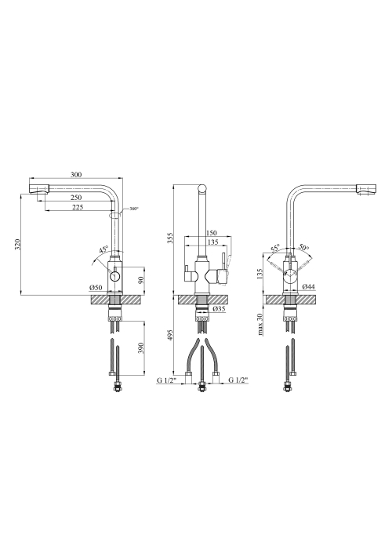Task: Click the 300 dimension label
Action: [x=76, y=174]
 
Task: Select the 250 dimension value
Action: [x=76, y=198]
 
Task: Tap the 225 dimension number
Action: [x=78, y=207]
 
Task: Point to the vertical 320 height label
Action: [x=19, y=244]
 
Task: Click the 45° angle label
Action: [x=103, y=250]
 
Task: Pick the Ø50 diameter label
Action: [x=96, y=288]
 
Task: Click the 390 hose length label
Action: [x=140, y=347]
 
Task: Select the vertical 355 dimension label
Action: [x=170, y=238]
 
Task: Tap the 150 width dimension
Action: [x=212, y=232]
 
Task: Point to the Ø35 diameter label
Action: [x=219, y=309]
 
